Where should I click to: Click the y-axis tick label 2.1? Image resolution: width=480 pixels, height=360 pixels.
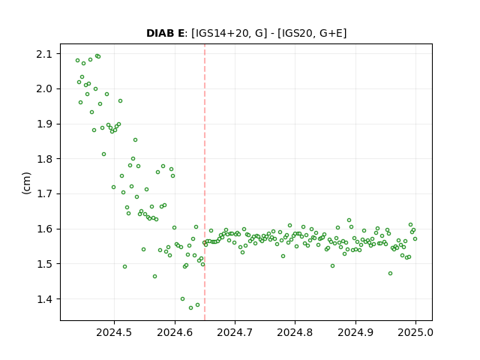[43, 54]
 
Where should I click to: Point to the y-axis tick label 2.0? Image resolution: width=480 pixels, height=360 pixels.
[43, 89]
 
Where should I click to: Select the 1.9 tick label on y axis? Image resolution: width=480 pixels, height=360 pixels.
[43, 124]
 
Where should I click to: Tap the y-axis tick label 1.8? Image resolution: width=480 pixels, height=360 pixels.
[43, 159]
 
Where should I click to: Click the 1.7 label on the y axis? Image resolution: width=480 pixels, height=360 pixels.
[43, 193]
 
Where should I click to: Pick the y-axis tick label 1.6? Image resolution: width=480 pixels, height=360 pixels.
[43, 229]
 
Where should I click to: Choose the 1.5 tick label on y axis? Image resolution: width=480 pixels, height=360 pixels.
[43, 264]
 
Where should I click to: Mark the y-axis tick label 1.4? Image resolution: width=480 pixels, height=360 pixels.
[43, 298]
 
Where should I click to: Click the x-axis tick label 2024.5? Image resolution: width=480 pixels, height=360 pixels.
[114, 332]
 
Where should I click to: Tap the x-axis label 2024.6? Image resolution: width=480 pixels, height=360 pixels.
[175, 332]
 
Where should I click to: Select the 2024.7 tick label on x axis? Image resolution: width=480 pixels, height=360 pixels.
[235, 332]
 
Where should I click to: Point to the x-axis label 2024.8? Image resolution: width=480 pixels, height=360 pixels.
[295, 332]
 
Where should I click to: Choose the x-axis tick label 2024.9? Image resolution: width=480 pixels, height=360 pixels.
[355, 332]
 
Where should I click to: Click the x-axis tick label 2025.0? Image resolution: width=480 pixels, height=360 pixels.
[415, 332]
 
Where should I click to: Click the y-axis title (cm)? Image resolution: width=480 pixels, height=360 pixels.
[27, 183]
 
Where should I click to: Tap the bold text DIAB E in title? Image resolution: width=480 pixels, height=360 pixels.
[165, 33]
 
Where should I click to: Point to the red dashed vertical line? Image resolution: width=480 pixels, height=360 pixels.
[205, 182]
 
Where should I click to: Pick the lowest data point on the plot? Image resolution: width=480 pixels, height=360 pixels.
[190, 307]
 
